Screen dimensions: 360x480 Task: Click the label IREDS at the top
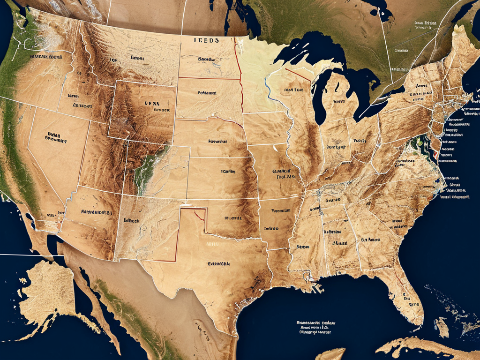207,41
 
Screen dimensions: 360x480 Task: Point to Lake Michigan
320,101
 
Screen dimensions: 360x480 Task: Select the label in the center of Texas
218,264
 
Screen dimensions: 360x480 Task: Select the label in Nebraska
217,141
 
